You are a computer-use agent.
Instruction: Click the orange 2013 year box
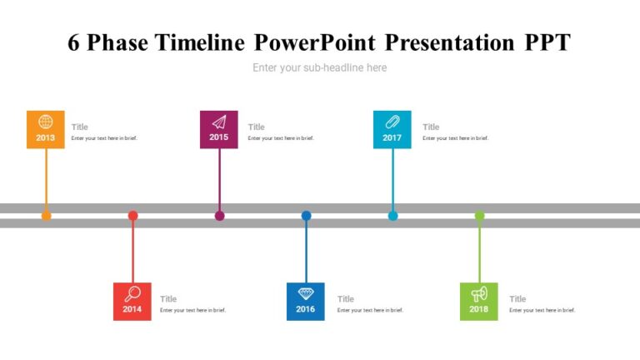46,130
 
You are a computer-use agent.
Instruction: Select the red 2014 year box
132,302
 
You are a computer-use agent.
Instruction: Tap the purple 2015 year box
219,130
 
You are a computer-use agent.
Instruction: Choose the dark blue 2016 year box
306,302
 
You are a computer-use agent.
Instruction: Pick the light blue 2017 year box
392,130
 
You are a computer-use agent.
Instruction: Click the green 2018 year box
479,302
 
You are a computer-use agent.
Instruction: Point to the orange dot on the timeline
46,216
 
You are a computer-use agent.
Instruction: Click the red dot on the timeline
132,216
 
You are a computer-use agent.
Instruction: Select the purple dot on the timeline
219,216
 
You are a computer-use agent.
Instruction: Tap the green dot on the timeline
479,216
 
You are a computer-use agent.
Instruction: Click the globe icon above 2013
46,122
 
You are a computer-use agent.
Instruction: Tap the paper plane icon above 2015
219,122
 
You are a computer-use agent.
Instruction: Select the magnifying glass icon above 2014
132,293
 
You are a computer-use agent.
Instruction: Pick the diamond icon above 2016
306,293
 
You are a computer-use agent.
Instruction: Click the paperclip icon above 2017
392,122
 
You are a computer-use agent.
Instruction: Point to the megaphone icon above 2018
479,293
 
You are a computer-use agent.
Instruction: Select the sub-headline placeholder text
320,67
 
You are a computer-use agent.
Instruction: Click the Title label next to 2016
346,299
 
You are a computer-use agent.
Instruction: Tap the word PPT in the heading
547,43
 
